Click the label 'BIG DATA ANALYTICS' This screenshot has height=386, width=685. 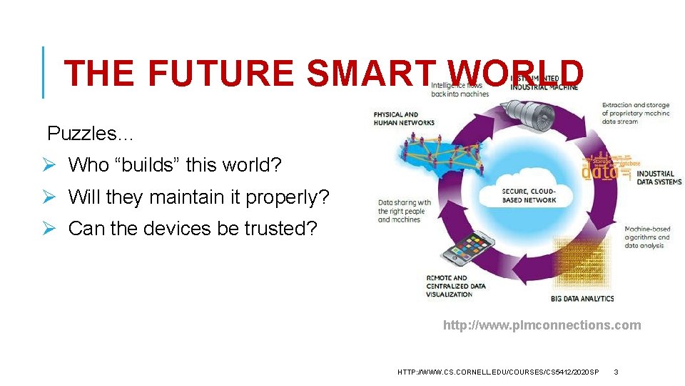(582, 298)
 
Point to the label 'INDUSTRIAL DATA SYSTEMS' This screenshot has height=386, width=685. (659, 177)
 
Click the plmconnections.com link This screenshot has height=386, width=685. (542, 325)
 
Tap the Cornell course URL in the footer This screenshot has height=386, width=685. (498, 372)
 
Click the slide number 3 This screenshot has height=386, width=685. (616, 372)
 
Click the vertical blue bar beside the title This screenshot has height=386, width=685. (44, 72)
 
